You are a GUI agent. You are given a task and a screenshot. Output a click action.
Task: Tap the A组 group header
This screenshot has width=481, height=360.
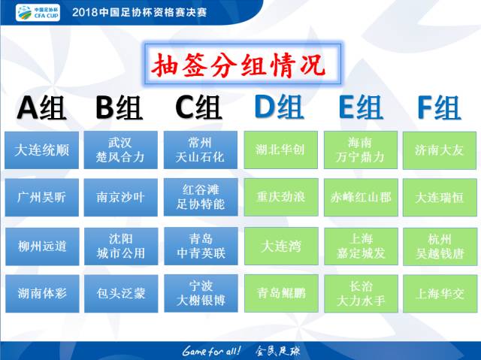pos(42,109)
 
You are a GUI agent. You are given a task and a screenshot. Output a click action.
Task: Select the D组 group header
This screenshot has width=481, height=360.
pos(279,109)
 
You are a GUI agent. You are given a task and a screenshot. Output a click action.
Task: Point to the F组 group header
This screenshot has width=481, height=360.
pos(439,109)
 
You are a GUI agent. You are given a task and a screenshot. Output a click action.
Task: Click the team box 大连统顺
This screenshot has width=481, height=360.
pos(42,150)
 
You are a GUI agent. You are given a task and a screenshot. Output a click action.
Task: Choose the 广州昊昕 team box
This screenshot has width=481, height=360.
pos(42,198)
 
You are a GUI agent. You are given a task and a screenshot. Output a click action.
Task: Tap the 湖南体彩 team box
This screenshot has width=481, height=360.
pos(42,293)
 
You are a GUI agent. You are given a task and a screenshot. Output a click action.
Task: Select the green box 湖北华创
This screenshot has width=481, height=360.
pos(280,150)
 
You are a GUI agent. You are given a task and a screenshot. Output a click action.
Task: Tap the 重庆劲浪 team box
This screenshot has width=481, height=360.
pos(280,198)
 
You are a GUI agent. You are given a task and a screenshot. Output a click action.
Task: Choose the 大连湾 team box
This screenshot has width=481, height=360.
pos(280,246)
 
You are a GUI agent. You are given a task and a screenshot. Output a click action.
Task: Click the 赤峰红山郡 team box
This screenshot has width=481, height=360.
pos(360,198)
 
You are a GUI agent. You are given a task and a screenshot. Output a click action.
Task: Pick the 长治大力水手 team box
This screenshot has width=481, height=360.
pos(360,293)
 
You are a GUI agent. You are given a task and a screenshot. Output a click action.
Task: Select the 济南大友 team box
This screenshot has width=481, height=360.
pos(440,150)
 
